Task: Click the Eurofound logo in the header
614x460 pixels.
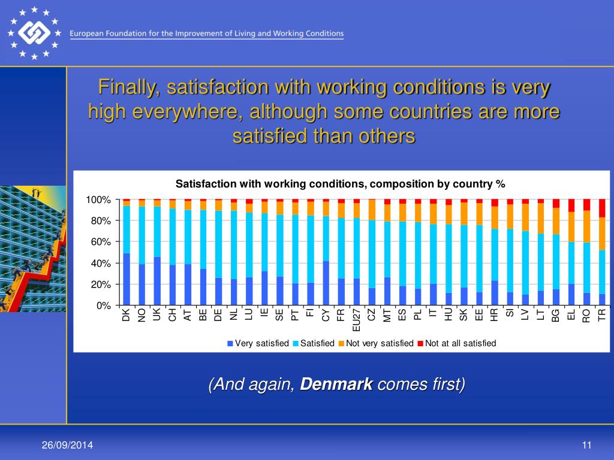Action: point(34,34)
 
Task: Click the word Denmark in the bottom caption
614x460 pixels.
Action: point(336,384)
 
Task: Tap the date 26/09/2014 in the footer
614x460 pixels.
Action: point(67,444)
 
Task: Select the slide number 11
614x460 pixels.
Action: point(586,444)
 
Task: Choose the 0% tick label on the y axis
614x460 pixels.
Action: point(104,306)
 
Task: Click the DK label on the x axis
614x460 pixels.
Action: point(127,315)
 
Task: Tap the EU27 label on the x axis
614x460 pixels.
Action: point(357,319)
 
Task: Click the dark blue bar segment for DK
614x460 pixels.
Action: point(127,279)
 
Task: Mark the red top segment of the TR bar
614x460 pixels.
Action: point(602,208)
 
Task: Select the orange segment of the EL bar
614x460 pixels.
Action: point(571,226)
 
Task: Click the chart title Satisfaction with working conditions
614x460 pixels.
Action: point(340,184)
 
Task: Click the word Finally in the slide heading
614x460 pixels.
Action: point(129,87)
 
